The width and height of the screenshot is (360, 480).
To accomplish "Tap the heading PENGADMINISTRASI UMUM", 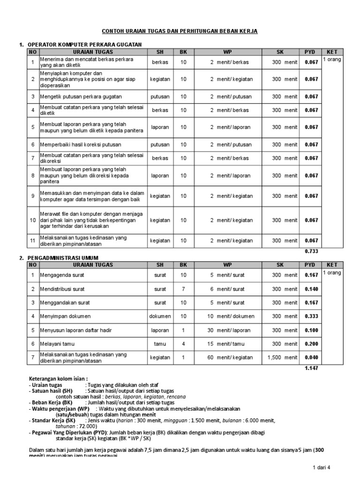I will coord(70,258).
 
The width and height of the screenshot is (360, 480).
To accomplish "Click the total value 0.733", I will coord(311,251).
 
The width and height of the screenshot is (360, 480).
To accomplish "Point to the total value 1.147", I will coord(311,368).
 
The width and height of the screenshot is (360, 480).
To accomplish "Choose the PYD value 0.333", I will coord(311,316).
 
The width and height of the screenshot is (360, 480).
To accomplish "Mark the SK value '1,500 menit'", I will coord(283,358).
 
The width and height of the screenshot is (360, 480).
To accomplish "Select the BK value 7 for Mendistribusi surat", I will coord(183,289).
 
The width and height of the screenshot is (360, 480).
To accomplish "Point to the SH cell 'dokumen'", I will coord(160,316).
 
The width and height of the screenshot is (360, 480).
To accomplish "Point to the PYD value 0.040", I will coord(311,358).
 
